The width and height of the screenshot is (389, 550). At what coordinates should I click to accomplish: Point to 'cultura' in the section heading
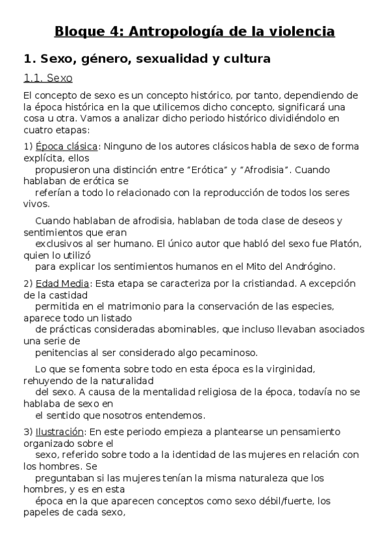click(x=245, y=59)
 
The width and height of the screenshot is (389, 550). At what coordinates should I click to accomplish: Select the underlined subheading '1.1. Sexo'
click(x=47, y=78)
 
